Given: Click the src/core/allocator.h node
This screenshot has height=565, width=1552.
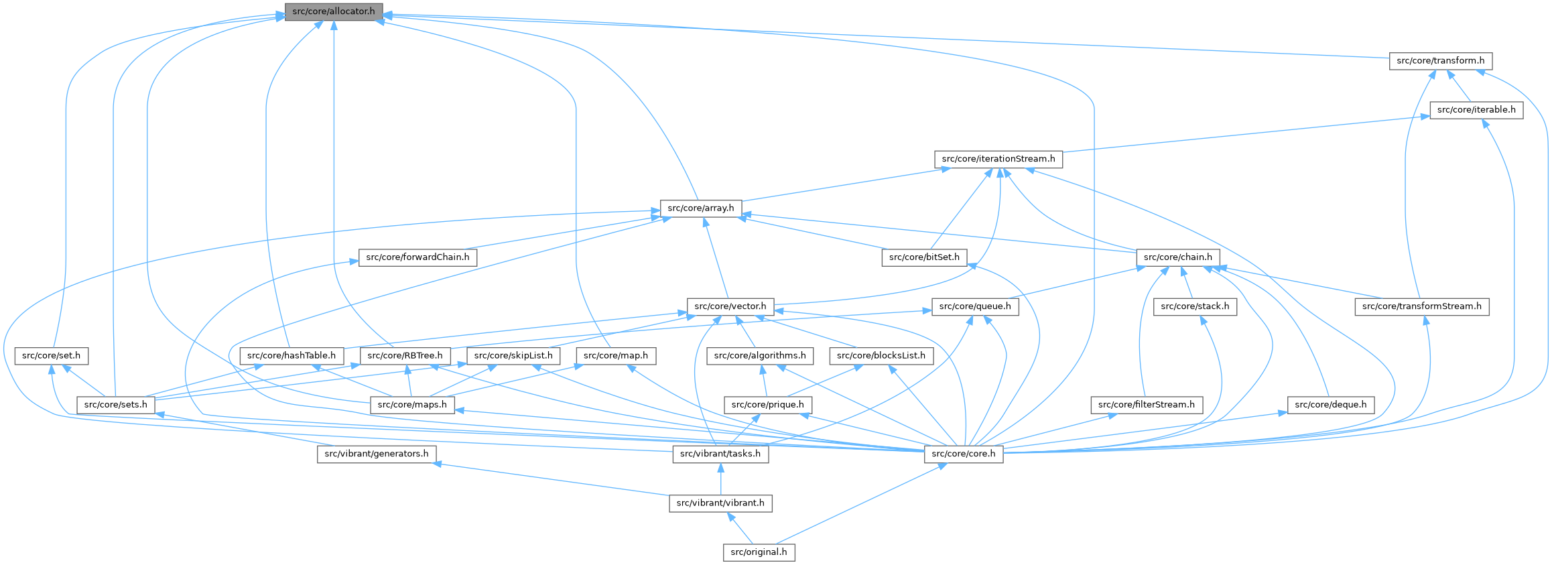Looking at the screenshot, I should pos(334,12).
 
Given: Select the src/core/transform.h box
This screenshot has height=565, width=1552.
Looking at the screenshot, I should pos(1440,61).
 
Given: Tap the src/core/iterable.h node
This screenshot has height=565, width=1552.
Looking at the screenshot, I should pos(1476,110).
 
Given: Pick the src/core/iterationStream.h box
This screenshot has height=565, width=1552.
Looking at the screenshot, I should pos(998,160).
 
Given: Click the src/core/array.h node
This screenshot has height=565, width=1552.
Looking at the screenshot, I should pos(700,208).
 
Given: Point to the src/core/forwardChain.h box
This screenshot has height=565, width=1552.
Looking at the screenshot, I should pos(417,257).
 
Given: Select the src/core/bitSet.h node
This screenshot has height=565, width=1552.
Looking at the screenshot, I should pos(924,257).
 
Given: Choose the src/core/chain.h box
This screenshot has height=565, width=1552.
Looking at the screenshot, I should pos(1177,257).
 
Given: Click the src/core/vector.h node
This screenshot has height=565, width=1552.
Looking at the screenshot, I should pos(730,307).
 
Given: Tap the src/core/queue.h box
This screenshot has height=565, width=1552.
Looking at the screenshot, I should pos(975,307).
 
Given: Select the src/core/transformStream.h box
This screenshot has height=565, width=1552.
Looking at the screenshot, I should pos(1421,307).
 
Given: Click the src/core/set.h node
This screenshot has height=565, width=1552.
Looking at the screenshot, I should pos(51,356).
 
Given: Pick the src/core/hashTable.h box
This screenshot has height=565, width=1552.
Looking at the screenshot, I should pos(292,356).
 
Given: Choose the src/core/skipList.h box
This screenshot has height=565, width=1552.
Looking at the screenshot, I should pos(513,356).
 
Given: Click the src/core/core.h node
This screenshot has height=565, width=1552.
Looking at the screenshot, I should pos(964,454).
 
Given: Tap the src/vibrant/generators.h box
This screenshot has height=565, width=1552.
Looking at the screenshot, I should pos(376,454).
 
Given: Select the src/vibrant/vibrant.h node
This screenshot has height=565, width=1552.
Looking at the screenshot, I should pos(720,503).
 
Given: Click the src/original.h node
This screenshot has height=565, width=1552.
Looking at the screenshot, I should pos(759,552).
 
